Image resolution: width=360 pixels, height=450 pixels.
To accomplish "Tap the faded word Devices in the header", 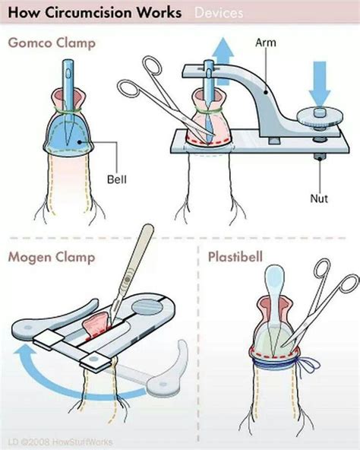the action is tap(219, 13).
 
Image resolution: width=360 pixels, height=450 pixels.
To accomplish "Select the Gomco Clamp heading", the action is tap(52, 43).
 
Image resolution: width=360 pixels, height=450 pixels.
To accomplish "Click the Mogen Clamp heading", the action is tap(52, 257).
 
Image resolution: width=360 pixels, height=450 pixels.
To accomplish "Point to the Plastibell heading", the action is tap(235, 257).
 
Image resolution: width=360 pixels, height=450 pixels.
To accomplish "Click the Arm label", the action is tap(266, 43).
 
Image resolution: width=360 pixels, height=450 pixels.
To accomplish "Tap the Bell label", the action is tap(117, 179).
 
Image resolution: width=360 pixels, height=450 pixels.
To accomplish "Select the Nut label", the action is tap(319, 198).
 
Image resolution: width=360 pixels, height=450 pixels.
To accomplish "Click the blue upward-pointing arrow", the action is tap(223, 61).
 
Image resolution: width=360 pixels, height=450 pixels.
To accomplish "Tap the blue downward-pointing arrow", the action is tap(320, 83).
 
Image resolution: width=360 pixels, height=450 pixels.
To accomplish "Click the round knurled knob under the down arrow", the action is tap(320, 117).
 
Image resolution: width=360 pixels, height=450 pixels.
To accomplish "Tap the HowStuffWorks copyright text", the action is tap(60, 442).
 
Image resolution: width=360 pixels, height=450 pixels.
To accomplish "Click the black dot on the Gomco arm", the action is tap(266, 92).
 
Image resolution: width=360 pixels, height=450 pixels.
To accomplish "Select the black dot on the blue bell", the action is tap(79, 142).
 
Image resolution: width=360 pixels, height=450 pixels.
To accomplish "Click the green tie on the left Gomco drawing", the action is tap(68, 110).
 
